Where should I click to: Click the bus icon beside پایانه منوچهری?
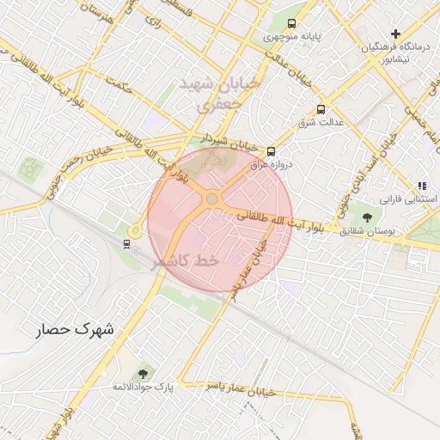[292, 23]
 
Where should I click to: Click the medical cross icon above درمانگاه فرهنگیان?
[395, 34]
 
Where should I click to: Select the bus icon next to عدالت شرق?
[321, 109]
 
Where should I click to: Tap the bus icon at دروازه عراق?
[272, 149]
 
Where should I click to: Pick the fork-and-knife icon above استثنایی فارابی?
[421, 185]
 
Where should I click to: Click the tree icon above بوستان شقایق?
[368, 217]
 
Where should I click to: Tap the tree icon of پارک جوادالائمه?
[143, 373]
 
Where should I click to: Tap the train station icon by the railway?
[127, 244]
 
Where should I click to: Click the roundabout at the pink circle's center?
[211, 199]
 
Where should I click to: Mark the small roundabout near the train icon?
[135, 230]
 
